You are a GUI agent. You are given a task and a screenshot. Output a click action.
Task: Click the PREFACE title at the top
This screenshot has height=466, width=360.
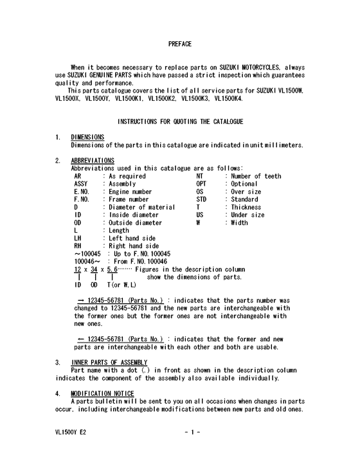click(x=179, y=44)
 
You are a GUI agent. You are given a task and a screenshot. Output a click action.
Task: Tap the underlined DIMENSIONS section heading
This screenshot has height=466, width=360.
click(x=87, y=137)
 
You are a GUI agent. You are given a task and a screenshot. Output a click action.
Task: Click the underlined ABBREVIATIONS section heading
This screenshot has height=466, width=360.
click(x=93, y=160)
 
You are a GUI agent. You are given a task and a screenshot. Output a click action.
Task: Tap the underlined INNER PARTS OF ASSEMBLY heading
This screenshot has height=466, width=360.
click(x=109, y=363)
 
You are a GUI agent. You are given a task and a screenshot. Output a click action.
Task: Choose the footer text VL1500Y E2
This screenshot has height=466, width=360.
click(x=71, y=433)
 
